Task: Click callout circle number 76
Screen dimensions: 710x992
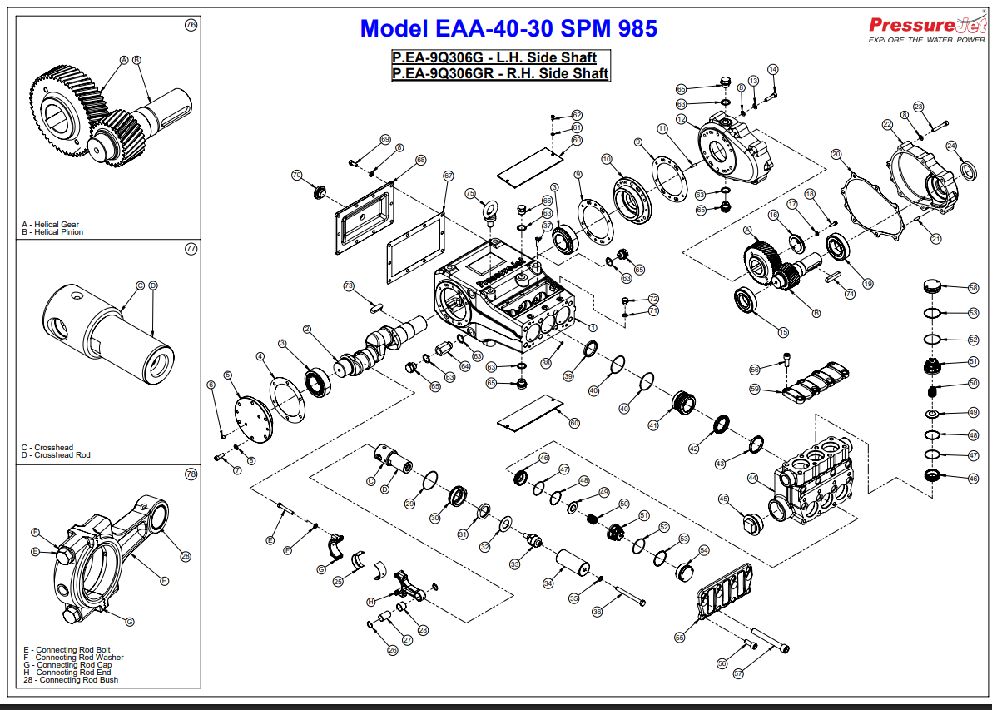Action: click(x=191, y=25)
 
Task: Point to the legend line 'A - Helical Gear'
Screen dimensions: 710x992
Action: click(x=51, y=225)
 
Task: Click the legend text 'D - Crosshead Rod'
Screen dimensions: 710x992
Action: click(x=56, y=455)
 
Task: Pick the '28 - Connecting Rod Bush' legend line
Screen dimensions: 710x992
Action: click(x=71, y=680)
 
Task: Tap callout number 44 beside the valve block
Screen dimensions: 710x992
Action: click(x=752, y=478)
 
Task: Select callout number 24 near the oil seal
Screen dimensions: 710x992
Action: click(x=951, y=146)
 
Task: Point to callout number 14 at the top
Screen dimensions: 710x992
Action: click(x=772, y=69)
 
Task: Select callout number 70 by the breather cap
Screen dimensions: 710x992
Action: click(x=296, y=175)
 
